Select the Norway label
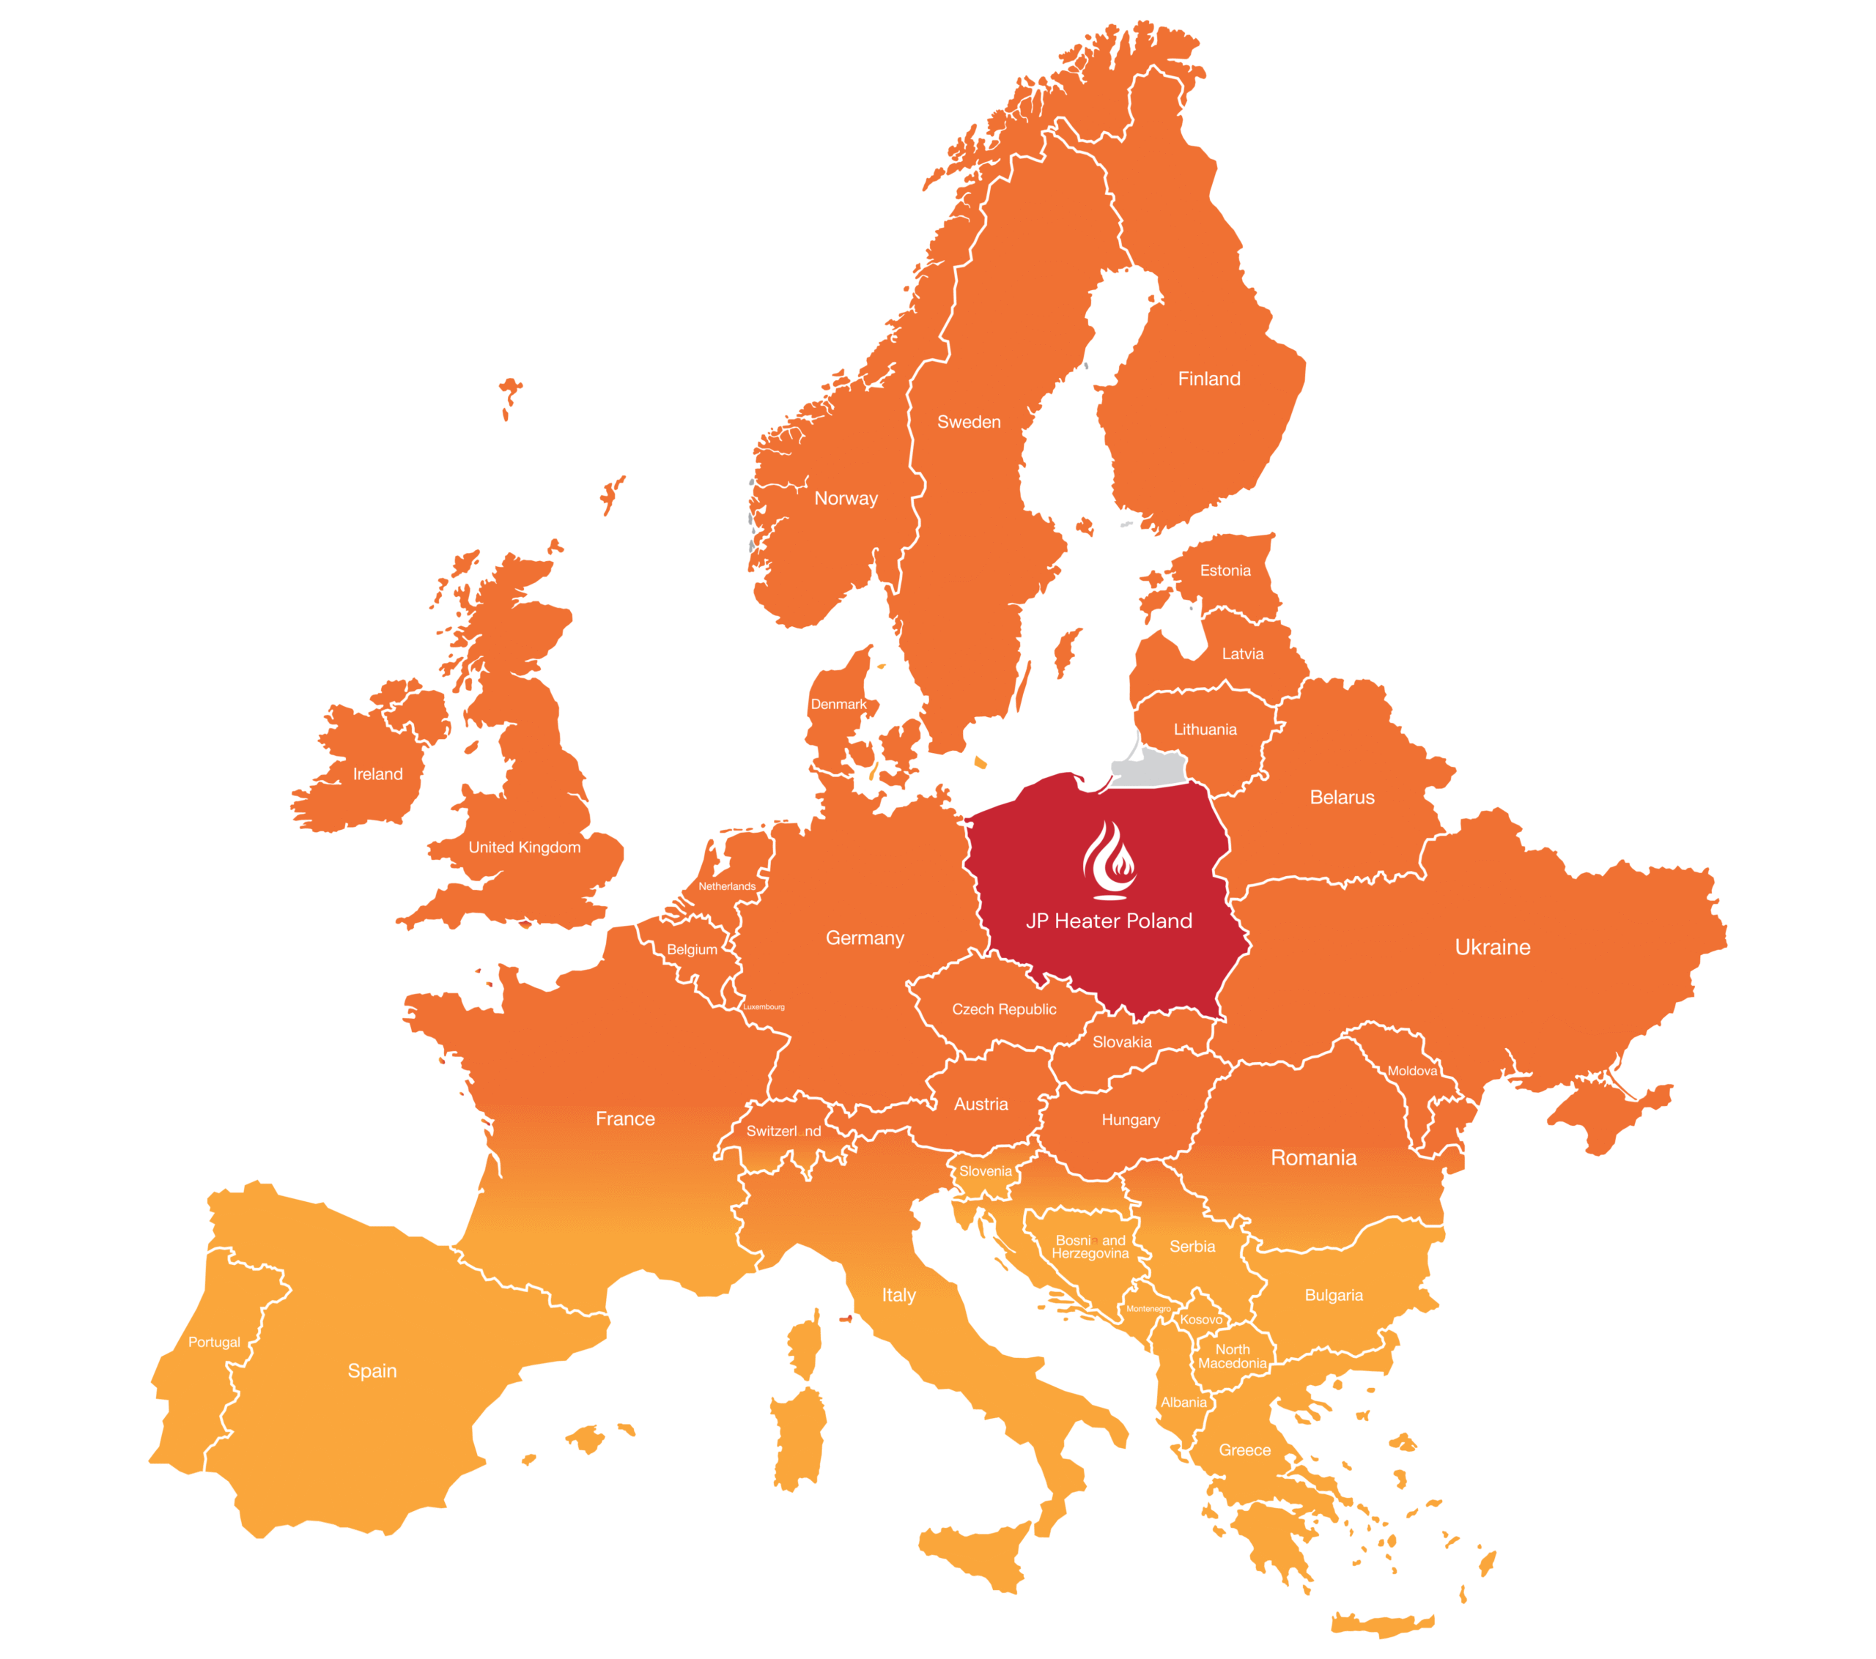point(846,498)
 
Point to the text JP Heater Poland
point(1109,921)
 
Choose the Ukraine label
point(1492,947)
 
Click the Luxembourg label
point(764,1006)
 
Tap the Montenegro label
point(1148,1308)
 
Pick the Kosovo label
point(1200,1319)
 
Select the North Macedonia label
point(1232,1356)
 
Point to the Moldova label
point(1411,1071)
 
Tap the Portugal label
point(214,1342)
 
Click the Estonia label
point(1225,571)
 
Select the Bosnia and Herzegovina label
point(1090,1247)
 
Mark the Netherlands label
point(727,886)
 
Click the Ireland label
point(377,774)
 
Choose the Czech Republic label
point(1004,1009)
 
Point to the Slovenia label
point(985,1171)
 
